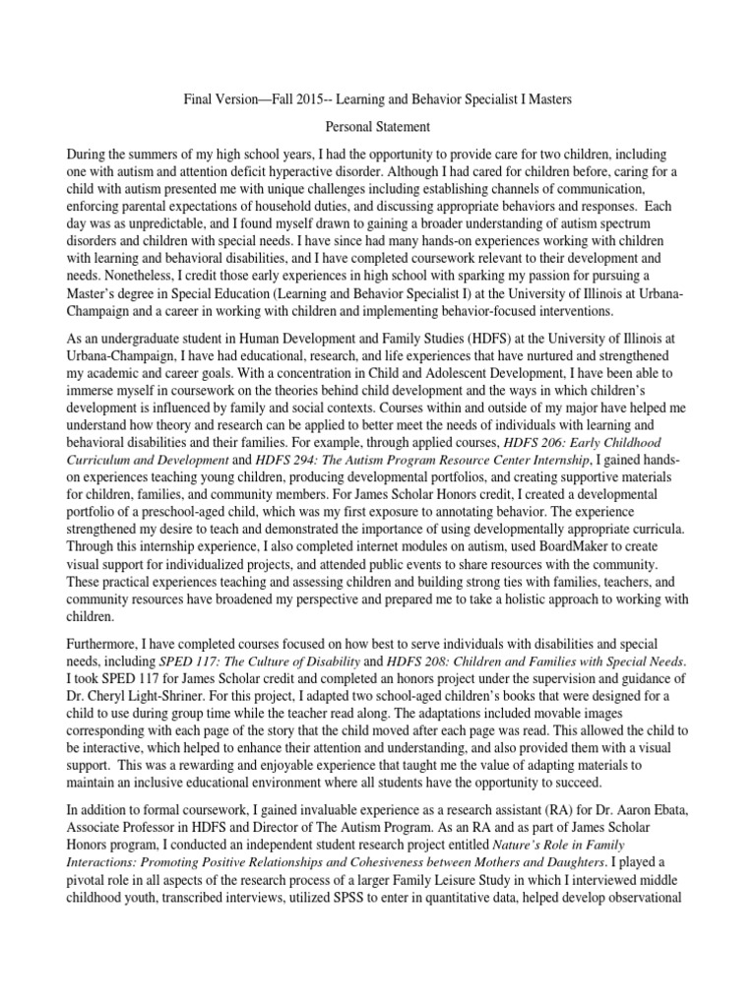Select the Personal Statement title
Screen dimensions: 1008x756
pos(378,128)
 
